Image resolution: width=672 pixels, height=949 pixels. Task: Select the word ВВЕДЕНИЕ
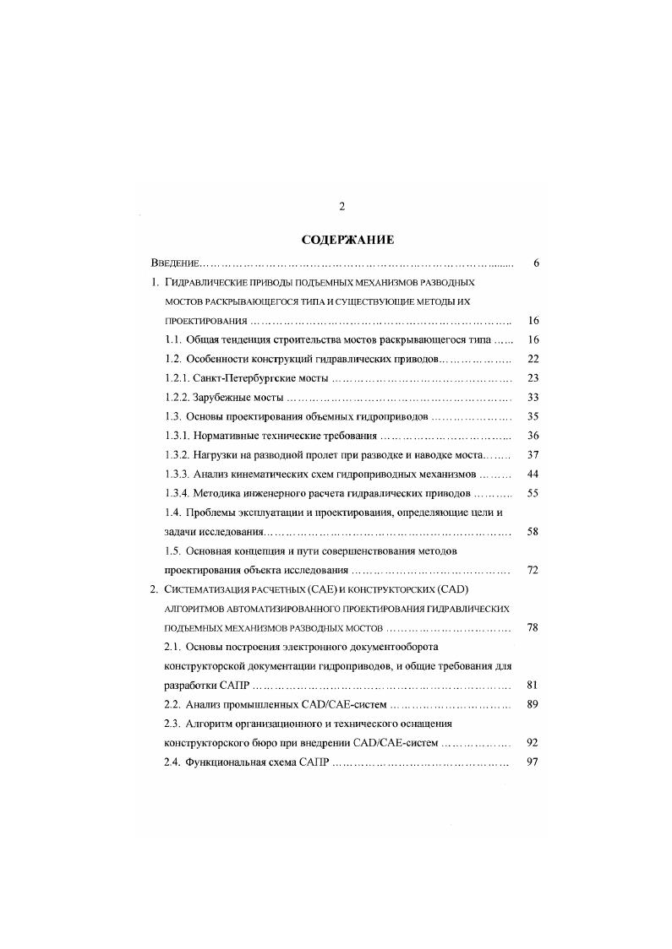pos(173,263)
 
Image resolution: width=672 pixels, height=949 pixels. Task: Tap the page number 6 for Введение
pos(536,263)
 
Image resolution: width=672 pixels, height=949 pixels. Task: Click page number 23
pos(533,378)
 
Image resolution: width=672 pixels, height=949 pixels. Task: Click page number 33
pos(533,398)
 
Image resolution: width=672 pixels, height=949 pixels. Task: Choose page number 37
pos(533,455)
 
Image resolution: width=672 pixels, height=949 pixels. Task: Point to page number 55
pos(533,494)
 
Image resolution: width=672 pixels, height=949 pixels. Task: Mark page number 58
pos(533,532)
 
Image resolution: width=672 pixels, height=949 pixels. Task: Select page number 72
pos(533,571)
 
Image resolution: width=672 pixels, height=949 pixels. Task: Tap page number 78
pos(533,628)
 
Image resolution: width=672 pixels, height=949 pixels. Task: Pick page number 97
pos(533,763)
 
